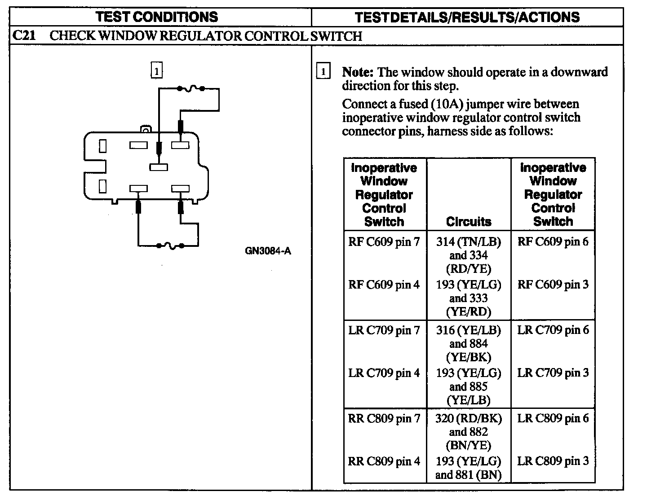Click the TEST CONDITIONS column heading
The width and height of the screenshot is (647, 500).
pos(157,17)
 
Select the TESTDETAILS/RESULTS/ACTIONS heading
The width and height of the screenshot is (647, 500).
pos(467,17)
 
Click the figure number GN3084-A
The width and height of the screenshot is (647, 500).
pos(268,251)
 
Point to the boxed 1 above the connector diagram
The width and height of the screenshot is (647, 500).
pos(156,71)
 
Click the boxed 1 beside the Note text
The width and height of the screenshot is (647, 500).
pos(323,72)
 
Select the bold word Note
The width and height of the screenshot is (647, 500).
pos(358,72)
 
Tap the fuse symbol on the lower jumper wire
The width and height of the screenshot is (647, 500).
pos(170,246)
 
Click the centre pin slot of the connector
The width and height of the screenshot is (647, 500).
pos(159,167)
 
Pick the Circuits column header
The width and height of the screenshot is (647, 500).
pos(469,221)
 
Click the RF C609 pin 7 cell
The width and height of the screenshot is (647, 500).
pos(384,242)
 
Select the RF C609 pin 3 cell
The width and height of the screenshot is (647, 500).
pos(553,285)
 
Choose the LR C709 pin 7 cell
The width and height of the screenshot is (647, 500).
pos(384,330)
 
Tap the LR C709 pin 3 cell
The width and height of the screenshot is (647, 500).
pos(553,373)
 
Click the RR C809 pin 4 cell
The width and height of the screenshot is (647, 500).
pos(384,461)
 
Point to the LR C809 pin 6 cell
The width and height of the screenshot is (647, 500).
pos(553,418)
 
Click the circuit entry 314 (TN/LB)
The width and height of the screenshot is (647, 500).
pos(469,242)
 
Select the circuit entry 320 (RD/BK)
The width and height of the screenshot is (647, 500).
pos(469,418)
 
